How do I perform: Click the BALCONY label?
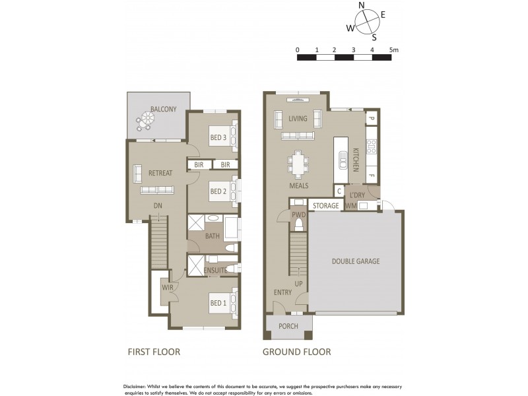click(x=163, y=109)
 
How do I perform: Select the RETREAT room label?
click(x=160, y=173)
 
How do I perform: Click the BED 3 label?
click(x=218, y=137)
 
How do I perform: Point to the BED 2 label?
click(x=218, y=191)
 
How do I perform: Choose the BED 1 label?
click(x=218, y=303)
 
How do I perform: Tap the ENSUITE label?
click(x=215, y=270)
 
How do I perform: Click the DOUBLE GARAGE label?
click(x=355, y=261)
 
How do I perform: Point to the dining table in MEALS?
click(x=299, y=162)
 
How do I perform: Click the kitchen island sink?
click(x=343, y=159)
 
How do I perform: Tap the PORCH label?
click(x=288, y=326)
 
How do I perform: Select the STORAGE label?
click(x=326, y=206)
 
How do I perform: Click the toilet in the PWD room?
click(x=298, y=225)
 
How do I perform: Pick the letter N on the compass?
click(x=361, y=5)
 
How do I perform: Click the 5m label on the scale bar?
click(x=394, y=49)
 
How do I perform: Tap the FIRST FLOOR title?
click(x=154, y=352)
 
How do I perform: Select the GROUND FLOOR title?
click(x=297, y=352)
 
